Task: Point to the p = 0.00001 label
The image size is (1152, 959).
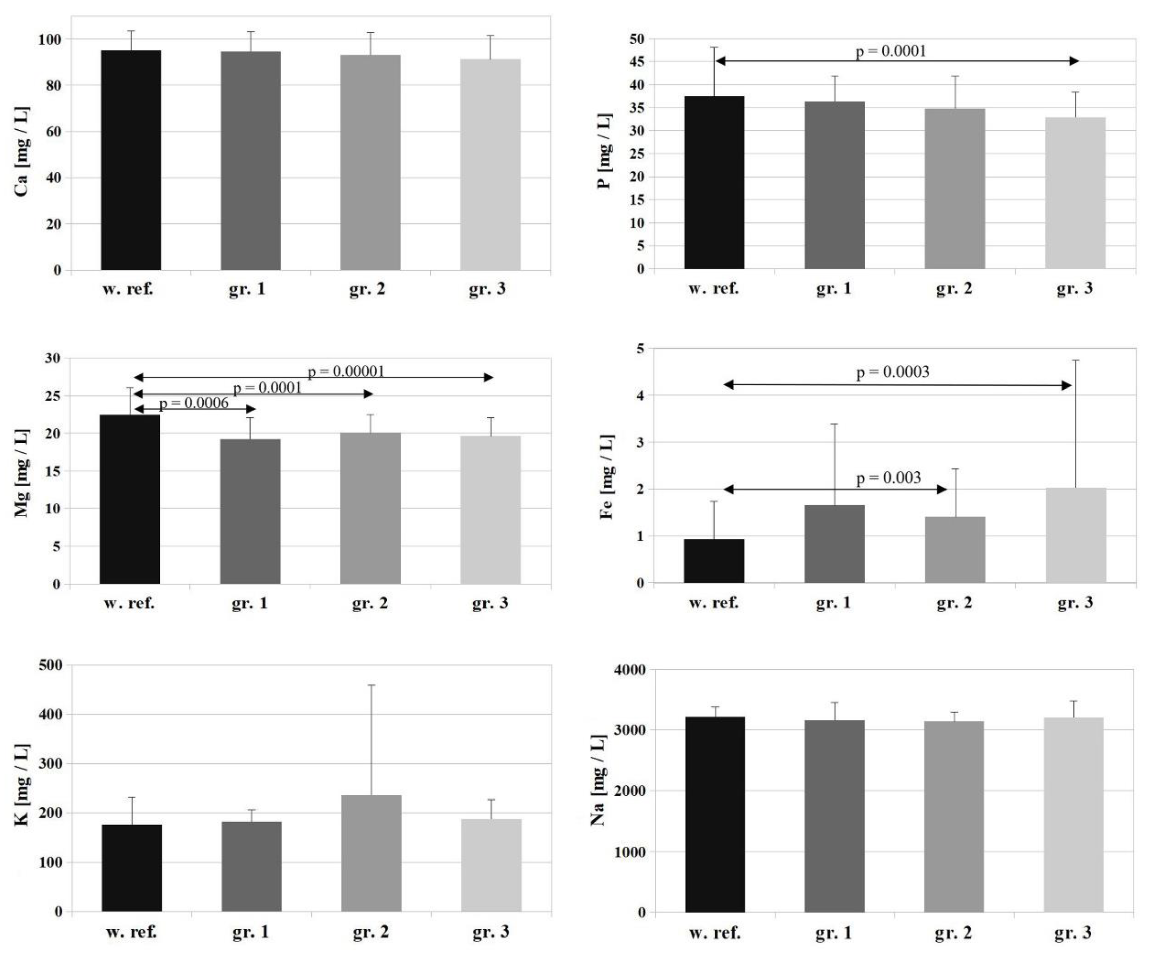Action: coord(346,371)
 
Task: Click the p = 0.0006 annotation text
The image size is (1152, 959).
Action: coord(194,403)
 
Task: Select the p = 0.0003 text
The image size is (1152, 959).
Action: coord(892,372)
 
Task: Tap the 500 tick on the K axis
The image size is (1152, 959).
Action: coord(51,665)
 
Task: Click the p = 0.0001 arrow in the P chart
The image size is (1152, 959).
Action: coord(897,61)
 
